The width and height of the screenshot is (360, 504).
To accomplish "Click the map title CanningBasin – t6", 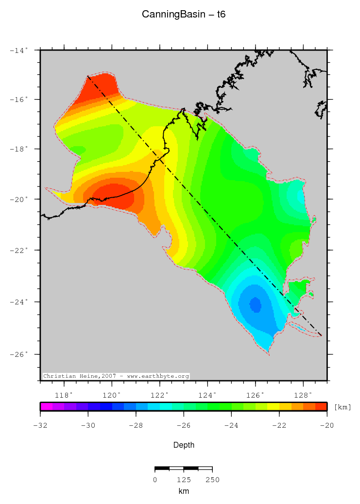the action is (x=184, y=15).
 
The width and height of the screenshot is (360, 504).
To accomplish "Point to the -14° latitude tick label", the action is (x=20, y=50).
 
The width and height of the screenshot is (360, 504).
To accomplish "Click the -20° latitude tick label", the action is (x=20, y=199).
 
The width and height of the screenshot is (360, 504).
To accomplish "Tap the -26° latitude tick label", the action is (x=20, y=354).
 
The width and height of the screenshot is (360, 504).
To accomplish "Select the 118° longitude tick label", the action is (x=64, y=395).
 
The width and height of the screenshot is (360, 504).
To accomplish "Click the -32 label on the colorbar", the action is (x=40, y=426).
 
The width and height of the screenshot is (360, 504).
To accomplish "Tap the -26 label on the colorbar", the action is (x=184, y=426).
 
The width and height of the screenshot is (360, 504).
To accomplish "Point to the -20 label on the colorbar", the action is (x=326, y=426).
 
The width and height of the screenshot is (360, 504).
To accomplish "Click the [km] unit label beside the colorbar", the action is (x=343, y=407).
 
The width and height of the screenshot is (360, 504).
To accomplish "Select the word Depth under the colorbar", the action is (x=184, y=445).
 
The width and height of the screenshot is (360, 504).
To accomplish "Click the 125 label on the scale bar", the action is (x=183, y=480).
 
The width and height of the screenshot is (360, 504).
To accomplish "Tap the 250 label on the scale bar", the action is (x=212, y=480).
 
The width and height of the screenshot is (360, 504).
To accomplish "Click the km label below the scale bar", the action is (x=184, y=491).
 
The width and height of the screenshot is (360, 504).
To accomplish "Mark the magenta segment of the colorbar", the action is (x=46, y=406).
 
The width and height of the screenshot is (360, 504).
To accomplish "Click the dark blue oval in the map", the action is (x=255, y=305).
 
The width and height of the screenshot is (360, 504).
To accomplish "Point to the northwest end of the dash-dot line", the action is (x=88, y=76).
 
